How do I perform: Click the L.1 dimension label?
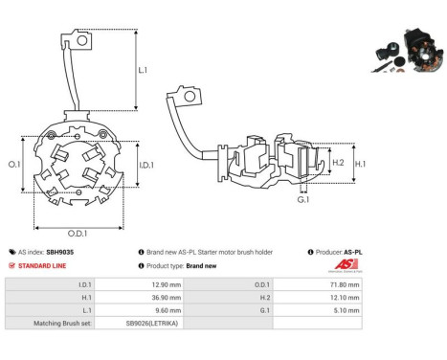click(143, 70)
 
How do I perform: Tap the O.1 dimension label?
click(14, 165)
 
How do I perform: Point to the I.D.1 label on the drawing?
click(146, 165)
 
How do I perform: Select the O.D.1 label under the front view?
click(78, 234)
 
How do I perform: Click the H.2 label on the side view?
click(338, 163)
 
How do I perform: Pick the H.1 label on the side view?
click(361, 164)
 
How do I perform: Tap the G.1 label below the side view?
click(303, 200)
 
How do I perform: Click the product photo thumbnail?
click(407, 51)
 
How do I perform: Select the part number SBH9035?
click(60, 252)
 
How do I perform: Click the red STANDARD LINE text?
click(42, 266)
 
